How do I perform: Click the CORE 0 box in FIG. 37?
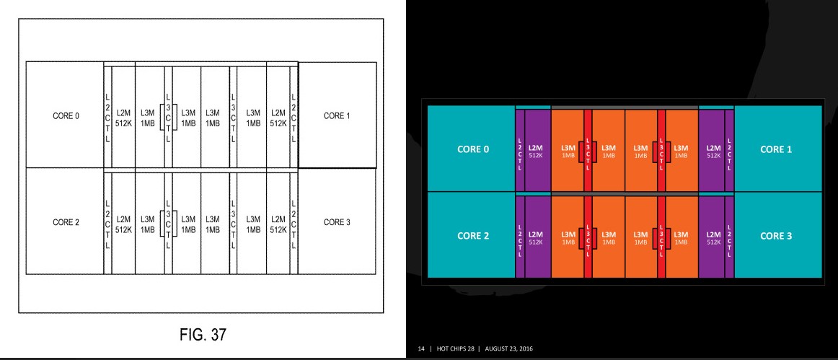pyautogui.click(x=65, y=115)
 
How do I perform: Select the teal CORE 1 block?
pyautogui.click(x=777, y=149)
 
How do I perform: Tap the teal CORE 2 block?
pyautogui.click(x=472, y=235)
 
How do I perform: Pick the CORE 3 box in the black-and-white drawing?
pyautogui.click(x=338, y=221)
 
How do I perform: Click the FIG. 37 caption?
pyautogui.click(x=203, y=335)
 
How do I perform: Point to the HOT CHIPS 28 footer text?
pyautogui.click(x=457, y=348)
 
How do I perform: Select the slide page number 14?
pyautogui.click(x=421, y=348)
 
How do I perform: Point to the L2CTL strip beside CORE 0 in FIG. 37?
pyautogui.click(x=107, y=117)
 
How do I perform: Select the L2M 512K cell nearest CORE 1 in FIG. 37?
pyautogui.click(x=278, y=117)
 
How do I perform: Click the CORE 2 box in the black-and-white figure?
pyautogui.click(x=65, y=221)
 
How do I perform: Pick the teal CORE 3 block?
pyautogui.click(x=777, y=235)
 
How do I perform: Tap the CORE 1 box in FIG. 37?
pyautogui.click(x=338, y=115)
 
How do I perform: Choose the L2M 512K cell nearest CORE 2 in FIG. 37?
pyautogui.click(x=123, y=224)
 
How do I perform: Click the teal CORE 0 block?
pyautogui.click(x=472, y=149)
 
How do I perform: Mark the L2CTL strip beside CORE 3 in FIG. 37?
pyautogui.click(x=294, y=224)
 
